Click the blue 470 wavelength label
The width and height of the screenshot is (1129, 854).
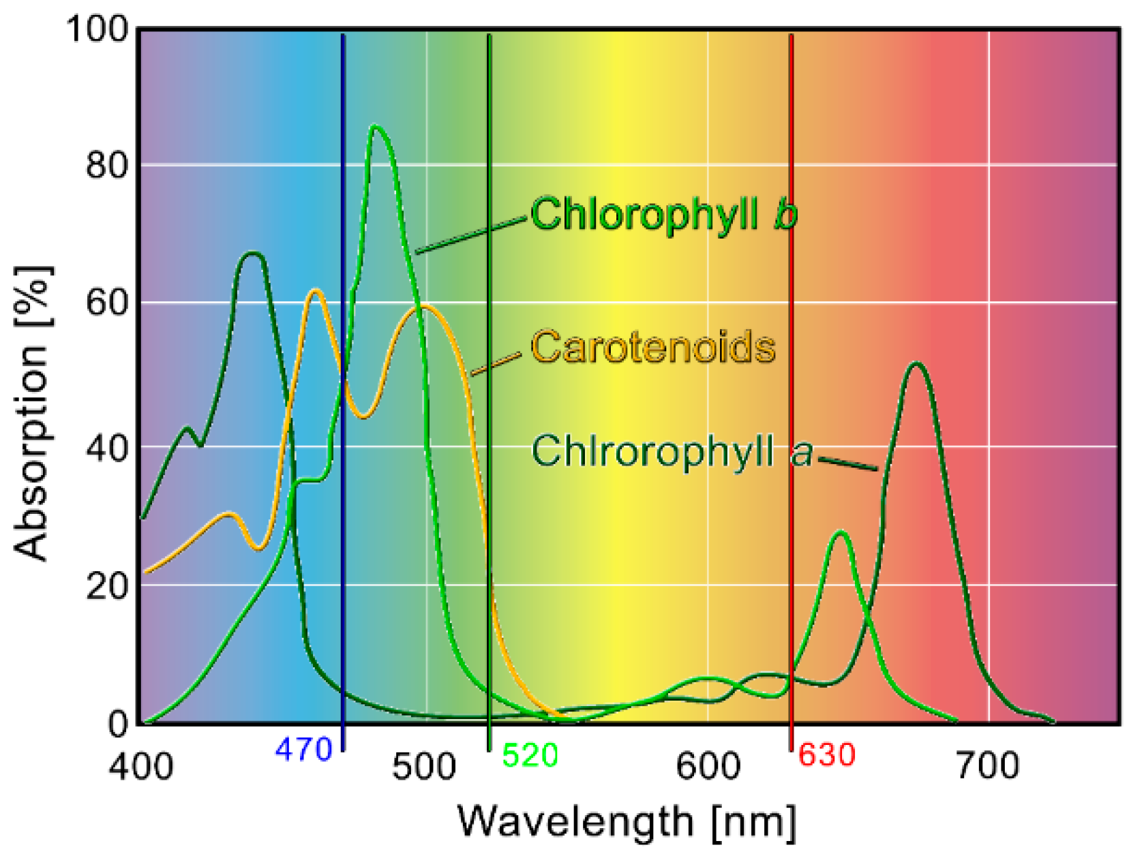click(x=303, y=750)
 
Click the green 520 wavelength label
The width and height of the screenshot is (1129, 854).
click(x=530, y=755)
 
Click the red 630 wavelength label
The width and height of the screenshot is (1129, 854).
click(x=826, y=755)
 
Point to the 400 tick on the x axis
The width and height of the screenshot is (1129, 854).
click(x=141, y=766)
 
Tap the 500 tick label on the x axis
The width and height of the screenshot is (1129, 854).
click(x=424, y=766)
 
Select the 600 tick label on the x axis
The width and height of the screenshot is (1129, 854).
click(x=708, y=766)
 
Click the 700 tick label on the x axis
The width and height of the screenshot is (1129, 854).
click(x=988, y=766)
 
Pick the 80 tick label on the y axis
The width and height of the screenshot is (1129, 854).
click(x=106, y=165)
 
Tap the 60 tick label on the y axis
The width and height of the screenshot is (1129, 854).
click(x=106, y=303)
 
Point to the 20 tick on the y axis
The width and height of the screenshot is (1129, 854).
click(x=106, y=585)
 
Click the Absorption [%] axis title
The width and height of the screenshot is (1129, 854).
click(x=32, y=413)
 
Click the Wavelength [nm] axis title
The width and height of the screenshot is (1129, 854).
click(x=626, y=821)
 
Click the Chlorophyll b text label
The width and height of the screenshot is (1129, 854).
click(x=663, y=214)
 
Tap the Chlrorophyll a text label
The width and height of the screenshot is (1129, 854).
click(x=672, y=451)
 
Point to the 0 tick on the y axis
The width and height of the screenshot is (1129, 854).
click(x=118, y=723)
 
